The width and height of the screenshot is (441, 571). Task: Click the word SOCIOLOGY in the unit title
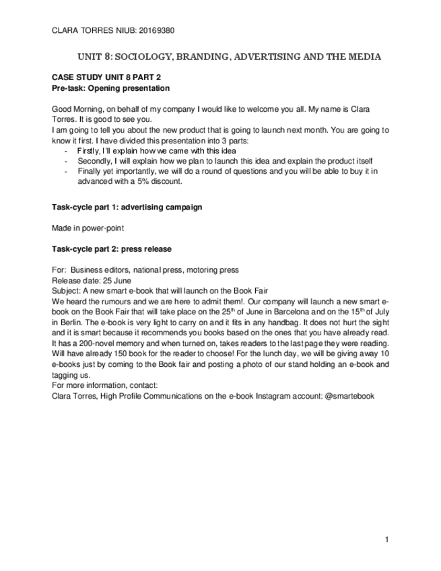tap(152, 57)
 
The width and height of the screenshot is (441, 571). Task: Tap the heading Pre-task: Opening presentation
tap(110, 88)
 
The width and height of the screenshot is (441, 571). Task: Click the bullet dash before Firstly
tap(65, 152)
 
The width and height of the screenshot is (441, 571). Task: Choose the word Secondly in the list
tap(93, 162)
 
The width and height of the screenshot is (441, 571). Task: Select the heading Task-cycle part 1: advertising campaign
tap(126, 206)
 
